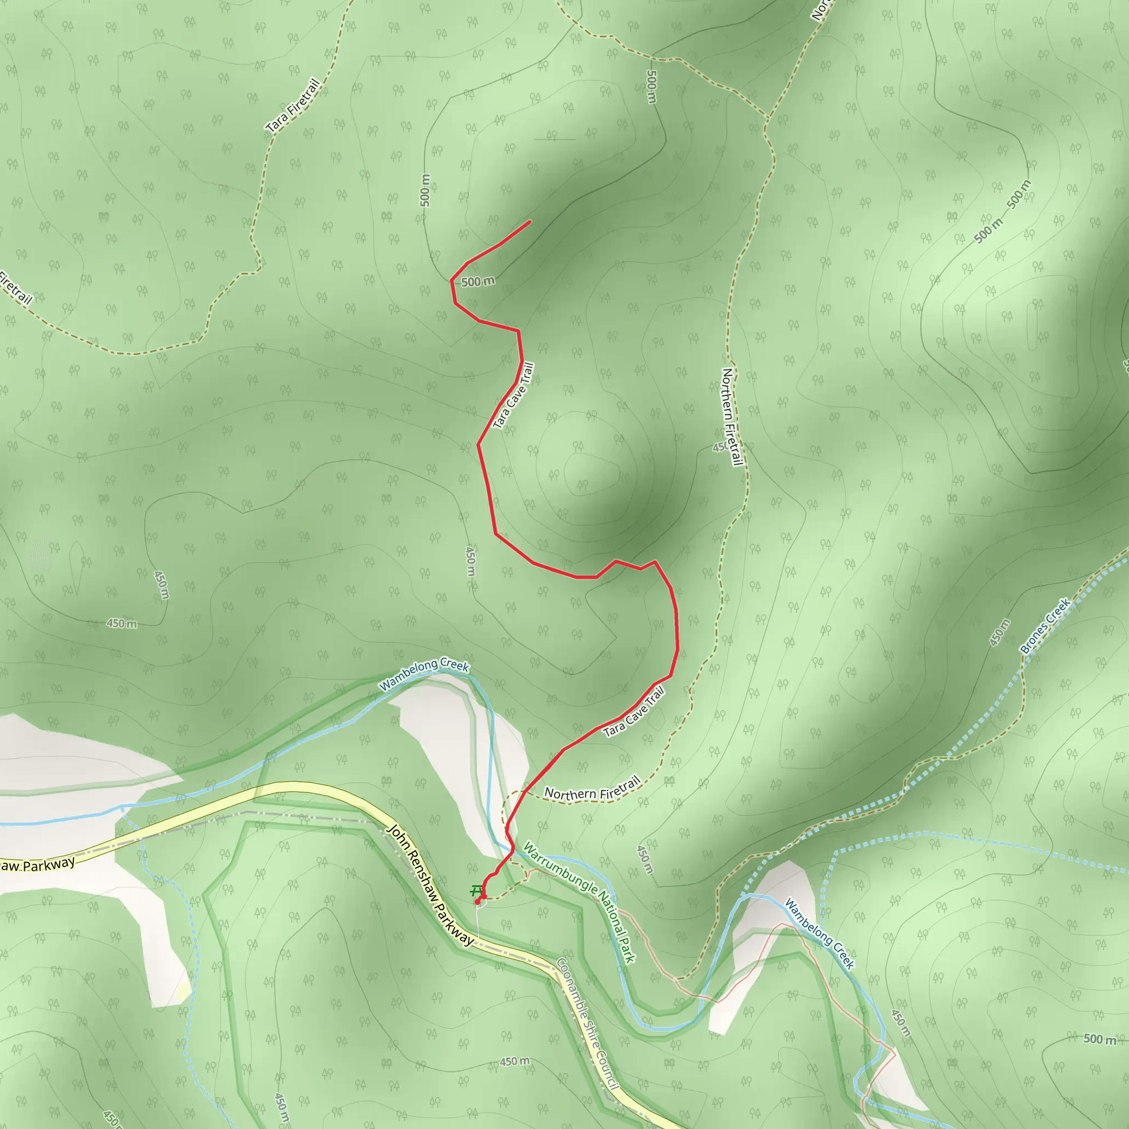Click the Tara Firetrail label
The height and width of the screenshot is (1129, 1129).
click(294, 106)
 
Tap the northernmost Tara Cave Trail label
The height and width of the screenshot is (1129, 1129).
click(514, 396)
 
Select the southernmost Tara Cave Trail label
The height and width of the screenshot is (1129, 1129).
click(634, 712)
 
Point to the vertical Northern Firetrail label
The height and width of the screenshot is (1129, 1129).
click(732, 417)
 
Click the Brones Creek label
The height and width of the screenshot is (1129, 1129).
click(1045, 625)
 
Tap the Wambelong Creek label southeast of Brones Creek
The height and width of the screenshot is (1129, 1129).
click(819, 934)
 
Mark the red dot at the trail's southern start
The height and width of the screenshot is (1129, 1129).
click(478, 903)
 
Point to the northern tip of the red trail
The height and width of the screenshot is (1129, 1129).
click(530, 221)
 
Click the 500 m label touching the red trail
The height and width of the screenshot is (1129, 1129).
click(478, 282)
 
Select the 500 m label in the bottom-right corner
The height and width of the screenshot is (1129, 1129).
click(1100, 1039)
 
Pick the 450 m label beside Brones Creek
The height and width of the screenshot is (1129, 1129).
click(1000, 632)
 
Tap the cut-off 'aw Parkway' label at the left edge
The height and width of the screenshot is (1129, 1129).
click(37, 864)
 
